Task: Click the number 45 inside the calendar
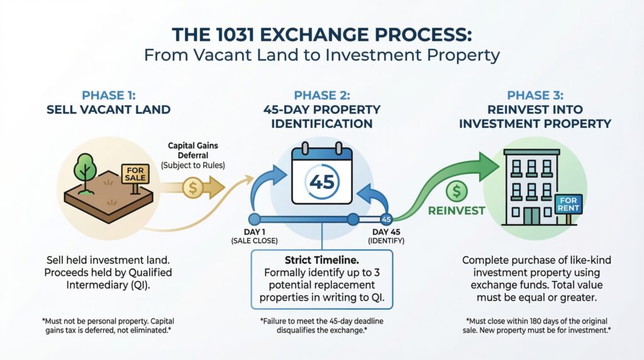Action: pos(323,183)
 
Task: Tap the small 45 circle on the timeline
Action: pos(386,220)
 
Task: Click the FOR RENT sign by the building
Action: pos(568,203)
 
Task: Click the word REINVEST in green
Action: pos(457,210)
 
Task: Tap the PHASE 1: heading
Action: pos(109,95)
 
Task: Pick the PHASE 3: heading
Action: pos(535,95)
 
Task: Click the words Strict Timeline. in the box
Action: pos(322,259)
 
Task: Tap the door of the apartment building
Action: pos(532,216)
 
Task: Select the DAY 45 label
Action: pos(387,232)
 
